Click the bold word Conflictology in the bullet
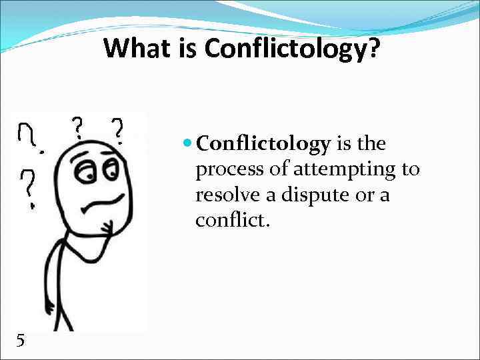pyautogui.click(x=264, y=145)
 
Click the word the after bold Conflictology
pyautogui.click(x=372, y=145)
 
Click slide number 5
pyautogui.click(x=21, y=341)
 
